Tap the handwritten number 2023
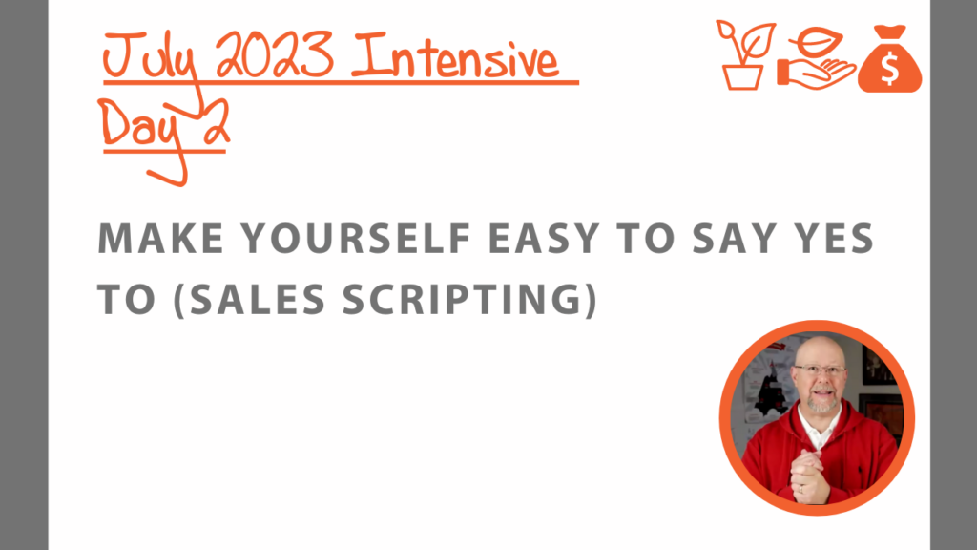[275, 56]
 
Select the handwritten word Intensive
[455, 57]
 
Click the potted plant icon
[744, 55]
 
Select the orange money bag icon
[890, 58]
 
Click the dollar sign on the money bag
[890, 68]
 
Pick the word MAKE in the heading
[160, 238]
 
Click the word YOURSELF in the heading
[356, 238]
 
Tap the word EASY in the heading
[543, 238]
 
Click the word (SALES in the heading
[249, 299]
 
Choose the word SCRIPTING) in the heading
[470, 299]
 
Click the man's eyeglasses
[820, 370]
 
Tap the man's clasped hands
[808, 476]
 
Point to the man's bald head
[819, 350]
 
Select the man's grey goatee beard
[822, 404]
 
